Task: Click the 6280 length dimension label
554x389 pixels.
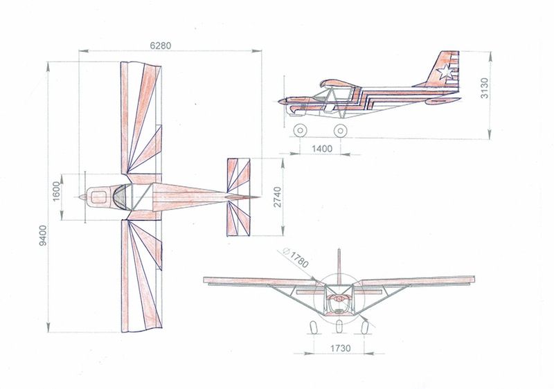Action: (x=161, y=46)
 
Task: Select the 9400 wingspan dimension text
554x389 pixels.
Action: (x=42, y=235)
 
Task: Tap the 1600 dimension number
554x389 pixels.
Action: (x=57, y=191)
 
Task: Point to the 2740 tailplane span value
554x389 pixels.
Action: (x=278, y=197)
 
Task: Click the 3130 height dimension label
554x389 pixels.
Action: (x=484, y=88)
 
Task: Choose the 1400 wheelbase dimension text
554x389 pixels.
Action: (x=322, y=149)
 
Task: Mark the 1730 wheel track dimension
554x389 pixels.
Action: (x=341, y=348)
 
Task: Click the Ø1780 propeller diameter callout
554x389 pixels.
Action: (x=296, y=257)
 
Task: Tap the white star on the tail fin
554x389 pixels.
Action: (x=445, y=72)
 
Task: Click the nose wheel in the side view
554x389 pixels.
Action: (x=300, y=130)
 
